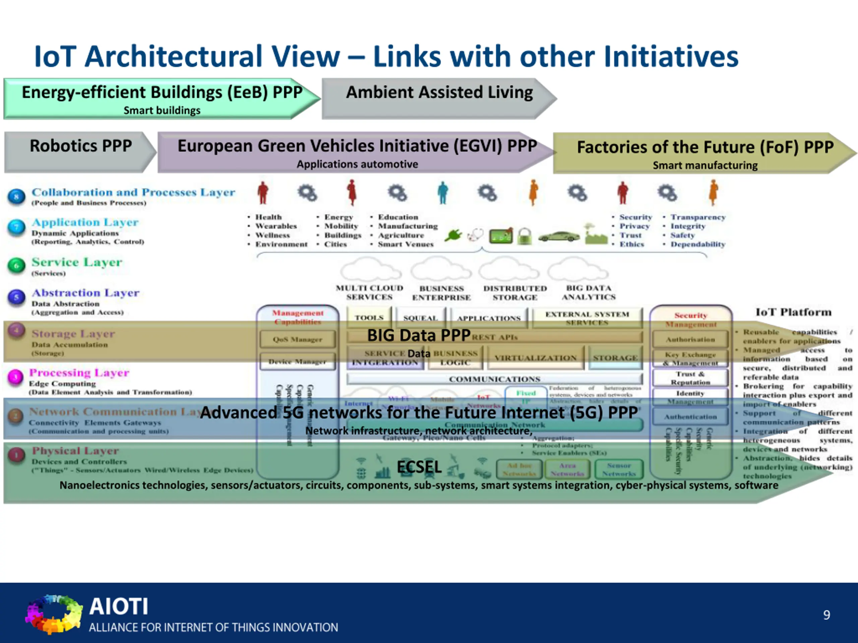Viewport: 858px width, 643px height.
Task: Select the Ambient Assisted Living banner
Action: (x=439, y=98)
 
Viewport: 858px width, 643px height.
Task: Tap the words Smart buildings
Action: (x=162, y=111)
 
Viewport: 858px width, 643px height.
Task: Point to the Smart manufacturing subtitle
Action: (x=705, y=165)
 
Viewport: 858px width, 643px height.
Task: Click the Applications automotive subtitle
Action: (x=357, y=164)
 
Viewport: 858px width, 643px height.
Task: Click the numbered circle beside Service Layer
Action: (x=16, y=266)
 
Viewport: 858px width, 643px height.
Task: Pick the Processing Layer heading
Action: (x=79, y=372)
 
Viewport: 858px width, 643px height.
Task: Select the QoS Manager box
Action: (x=298, y=339)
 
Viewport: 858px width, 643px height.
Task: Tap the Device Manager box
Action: (x=298, y=362)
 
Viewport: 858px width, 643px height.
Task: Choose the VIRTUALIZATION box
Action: (x=535, y=358)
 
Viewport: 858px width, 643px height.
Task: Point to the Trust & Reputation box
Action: (x=690, y=378)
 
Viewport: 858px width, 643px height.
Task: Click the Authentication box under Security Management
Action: (x=690, y=417)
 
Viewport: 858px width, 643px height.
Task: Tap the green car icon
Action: (x=559, y=236)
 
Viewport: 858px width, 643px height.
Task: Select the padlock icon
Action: (x=525, y=236)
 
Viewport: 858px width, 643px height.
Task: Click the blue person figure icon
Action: (x=443, y=193)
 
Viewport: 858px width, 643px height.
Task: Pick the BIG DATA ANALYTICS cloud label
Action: (x=589, y=293)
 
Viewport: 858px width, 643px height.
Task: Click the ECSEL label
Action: (x=419, y=467)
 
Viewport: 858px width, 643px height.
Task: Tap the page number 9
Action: (x=826, y=615)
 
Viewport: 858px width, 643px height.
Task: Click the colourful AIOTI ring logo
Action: (x=54, y=614)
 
